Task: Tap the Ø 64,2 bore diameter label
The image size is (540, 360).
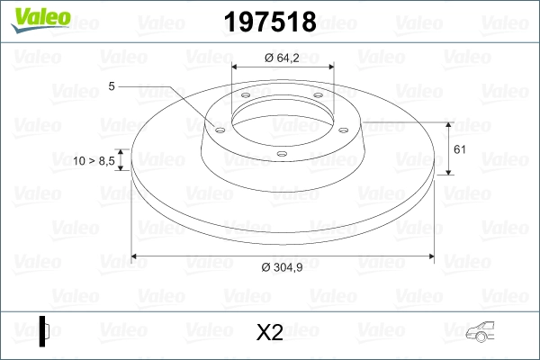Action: [282, 58]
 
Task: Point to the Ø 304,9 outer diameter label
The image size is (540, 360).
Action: [282, 267]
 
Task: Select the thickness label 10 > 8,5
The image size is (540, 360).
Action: [94, 160]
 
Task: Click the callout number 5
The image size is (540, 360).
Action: [111, 86]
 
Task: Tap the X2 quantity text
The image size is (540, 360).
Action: [269, 333]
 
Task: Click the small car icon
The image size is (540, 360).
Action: [482, 332]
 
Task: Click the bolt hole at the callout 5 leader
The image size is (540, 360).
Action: [218, 128]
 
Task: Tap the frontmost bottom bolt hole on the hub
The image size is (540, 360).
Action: [282, 154]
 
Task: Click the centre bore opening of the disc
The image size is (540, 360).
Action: [282, 117]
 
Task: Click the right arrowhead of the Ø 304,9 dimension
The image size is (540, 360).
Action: [427, 257]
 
